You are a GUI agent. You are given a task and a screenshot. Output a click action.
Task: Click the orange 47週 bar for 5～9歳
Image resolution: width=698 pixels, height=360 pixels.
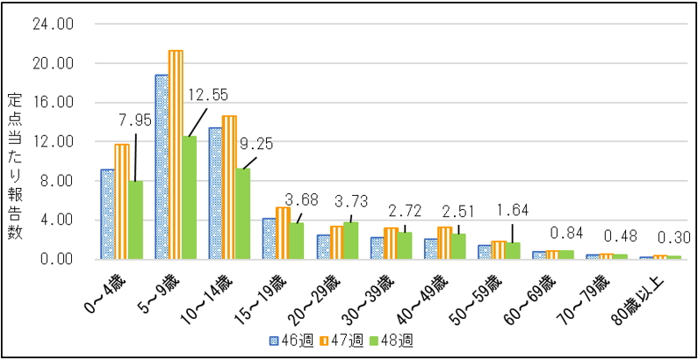[x=176, y=155]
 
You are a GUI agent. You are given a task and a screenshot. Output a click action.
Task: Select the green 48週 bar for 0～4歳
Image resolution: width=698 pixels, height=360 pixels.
[x=135, y=220]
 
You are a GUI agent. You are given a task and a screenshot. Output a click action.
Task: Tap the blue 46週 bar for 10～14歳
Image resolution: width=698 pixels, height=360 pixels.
[x=215, y=193]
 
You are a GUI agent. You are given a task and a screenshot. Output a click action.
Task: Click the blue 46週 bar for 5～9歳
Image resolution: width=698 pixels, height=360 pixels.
[x=162, y=167]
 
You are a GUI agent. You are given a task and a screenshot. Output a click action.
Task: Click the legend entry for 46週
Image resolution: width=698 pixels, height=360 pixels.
[x=282, y=342]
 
